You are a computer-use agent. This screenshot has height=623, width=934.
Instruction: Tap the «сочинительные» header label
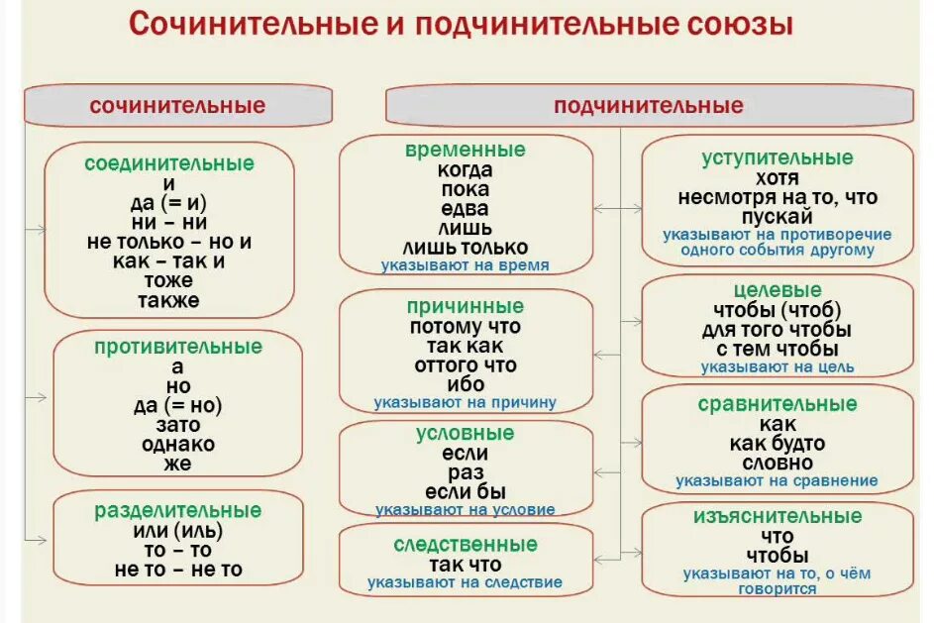[177, 105]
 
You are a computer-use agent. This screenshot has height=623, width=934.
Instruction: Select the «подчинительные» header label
[649, 106]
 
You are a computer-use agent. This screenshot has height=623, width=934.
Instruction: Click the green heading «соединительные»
[169, 164]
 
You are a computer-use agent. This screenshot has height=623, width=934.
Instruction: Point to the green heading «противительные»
[178, 347]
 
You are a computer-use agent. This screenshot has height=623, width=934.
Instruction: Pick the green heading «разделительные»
[178, 511]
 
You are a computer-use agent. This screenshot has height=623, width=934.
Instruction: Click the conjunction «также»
[169, 300]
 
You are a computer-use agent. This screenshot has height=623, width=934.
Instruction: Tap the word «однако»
[178, 444]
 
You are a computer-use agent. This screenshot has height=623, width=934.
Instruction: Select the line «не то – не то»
[178, 570]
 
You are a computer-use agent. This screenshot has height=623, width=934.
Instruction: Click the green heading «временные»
[466, 151]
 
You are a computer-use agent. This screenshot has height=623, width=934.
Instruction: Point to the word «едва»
[466, 209]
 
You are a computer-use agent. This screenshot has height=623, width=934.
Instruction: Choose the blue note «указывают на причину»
[465, 403]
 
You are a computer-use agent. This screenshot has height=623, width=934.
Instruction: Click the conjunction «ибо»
[465, 384]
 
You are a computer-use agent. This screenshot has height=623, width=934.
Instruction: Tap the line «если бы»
[466, 491]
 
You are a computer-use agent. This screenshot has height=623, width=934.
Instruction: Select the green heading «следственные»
[466, 545]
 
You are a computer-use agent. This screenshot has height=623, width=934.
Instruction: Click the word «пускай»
[778, 217]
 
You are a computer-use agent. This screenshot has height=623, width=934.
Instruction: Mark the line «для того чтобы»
[778, 330]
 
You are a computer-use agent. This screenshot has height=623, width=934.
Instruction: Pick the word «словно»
[778, 463]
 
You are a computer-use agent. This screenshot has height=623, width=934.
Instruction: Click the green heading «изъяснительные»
[778, 517]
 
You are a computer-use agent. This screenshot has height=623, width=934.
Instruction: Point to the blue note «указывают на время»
[466, 266]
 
